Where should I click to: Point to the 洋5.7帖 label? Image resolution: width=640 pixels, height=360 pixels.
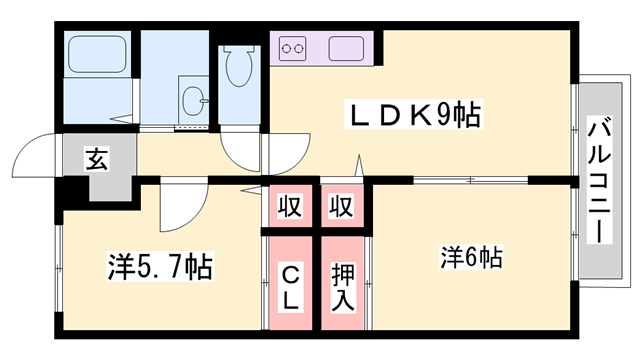point(159,267)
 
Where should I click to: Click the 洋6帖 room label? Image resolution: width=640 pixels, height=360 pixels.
point(470,257)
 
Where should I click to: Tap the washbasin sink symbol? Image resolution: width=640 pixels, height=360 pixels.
point(193,99)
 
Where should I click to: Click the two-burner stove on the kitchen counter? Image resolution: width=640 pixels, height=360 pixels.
point(294,46)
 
